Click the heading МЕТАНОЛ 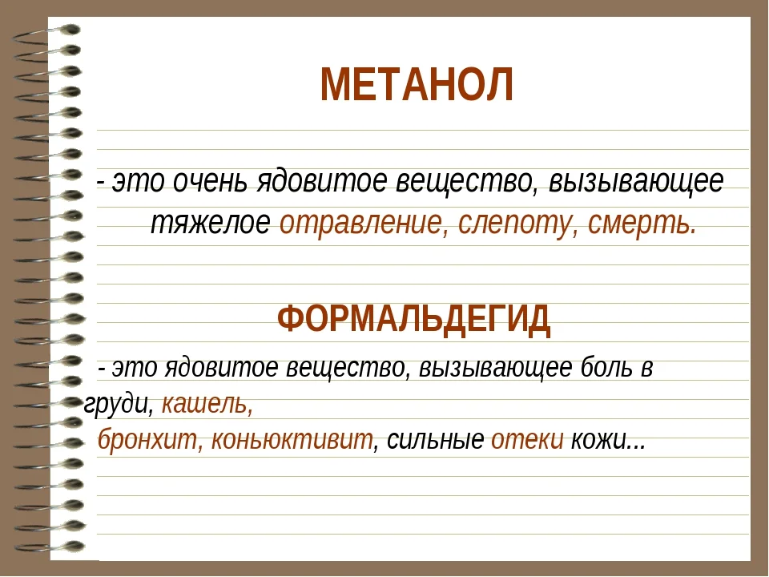(416, 85)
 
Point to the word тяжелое (211, 224)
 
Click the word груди (118, 404)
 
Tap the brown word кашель (207, 404)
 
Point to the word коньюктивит (292, 441)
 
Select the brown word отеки (527, 441)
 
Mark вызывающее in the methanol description (633, 182)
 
